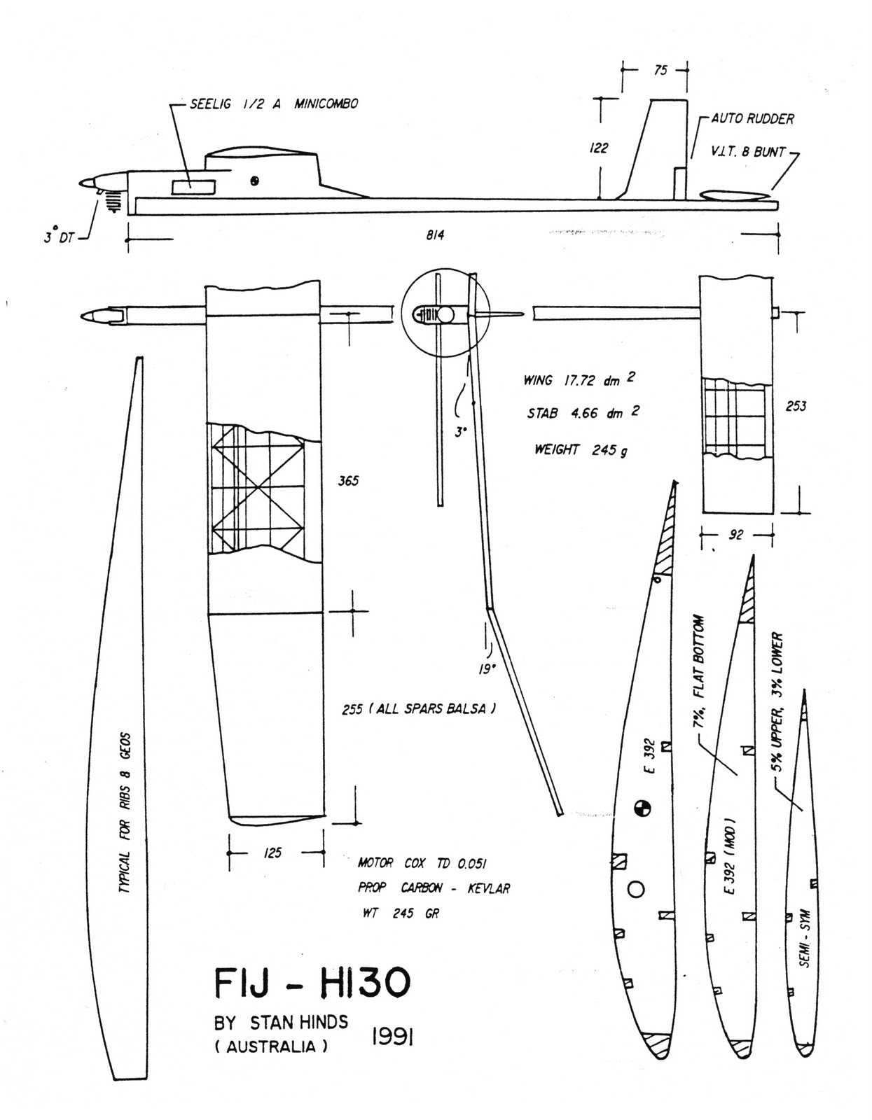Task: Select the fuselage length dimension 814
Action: click(x=435, y=235)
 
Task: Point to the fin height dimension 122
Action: click(x=599, y=148)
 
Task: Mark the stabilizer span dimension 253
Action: click(x=796, y=406)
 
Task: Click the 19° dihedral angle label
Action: click(x=487, y=668)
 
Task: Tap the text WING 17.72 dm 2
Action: click(x=579, y=380)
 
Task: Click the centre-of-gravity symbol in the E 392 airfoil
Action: click(x=642, y=808)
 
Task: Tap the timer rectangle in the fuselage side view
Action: click(x=193, y=185)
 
